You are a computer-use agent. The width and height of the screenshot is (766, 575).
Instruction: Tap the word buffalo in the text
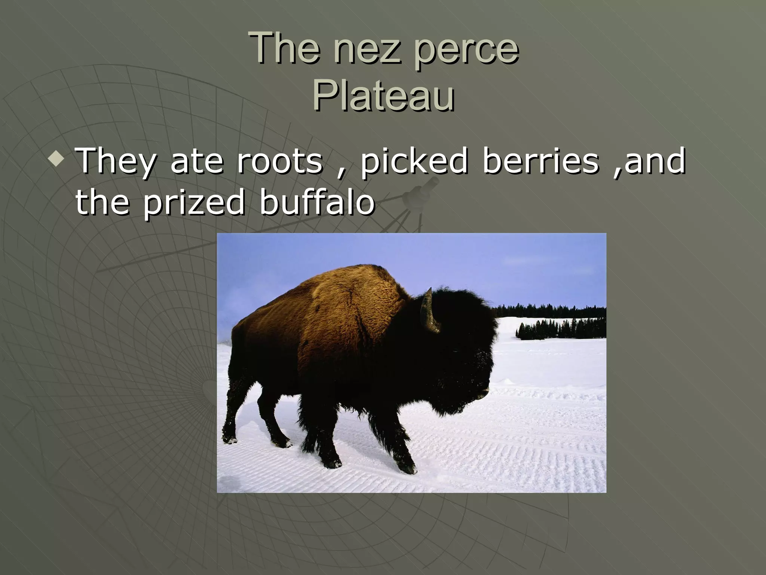point(317,202)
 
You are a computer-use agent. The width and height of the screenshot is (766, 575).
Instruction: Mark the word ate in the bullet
point(197,162)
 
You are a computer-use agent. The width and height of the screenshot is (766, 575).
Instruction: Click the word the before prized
point(102,202)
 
